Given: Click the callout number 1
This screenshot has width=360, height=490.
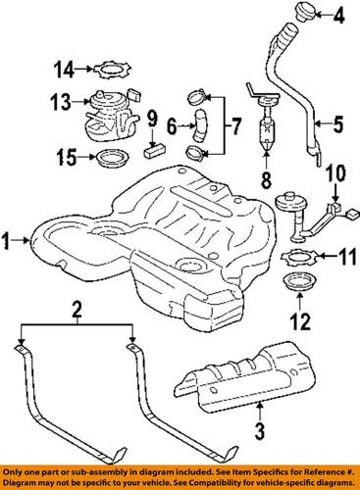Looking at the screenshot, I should pyautogui.click(x=9, y=237).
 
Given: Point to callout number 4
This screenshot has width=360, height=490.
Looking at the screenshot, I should pyautogui.click(x=339, y=16).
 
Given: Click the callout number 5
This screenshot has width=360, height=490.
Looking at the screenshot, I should pyautogui.click(x=340, y=123).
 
